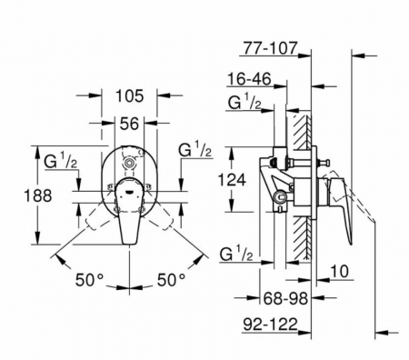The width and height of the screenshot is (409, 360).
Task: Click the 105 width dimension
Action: tap(129, 96)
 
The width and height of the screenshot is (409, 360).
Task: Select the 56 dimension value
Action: tap(129, 124)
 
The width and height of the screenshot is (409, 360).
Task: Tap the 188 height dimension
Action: tap(38, 195)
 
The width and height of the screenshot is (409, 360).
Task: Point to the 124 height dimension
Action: tap(232, 180)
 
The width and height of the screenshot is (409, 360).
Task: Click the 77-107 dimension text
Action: tap(270, 48)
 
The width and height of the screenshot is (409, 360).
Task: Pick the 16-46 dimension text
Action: tap(249, 79)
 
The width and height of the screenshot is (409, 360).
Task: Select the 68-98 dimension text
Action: tap(285, 298)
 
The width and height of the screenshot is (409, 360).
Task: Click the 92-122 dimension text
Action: tap(271, 325)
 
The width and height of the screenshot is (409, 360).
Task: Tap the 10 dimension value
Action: tap(339, 271)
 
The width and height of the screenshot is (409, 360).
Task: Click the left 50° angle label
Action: tap(90, 279)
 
